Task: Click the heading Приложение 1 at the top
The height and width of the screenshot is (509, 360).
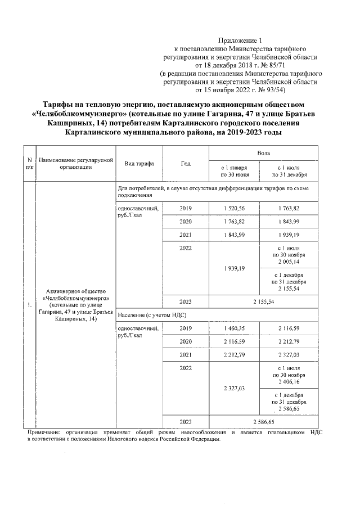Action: (x=240, y=40)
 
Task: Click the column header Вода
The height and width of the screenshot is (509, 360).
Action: (x=263, y=152)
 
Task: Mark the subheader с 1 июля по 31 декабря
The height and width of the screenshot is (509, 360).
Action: (x=289, y=171)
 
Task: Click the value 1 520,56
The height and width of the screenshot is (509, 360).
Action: (x=234, y=208)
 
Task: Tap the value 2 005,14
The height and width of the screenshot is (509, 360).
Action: (x=289, y=262)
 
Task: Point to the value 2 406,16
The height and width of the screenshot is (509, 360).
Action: (x=289, y=381)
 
